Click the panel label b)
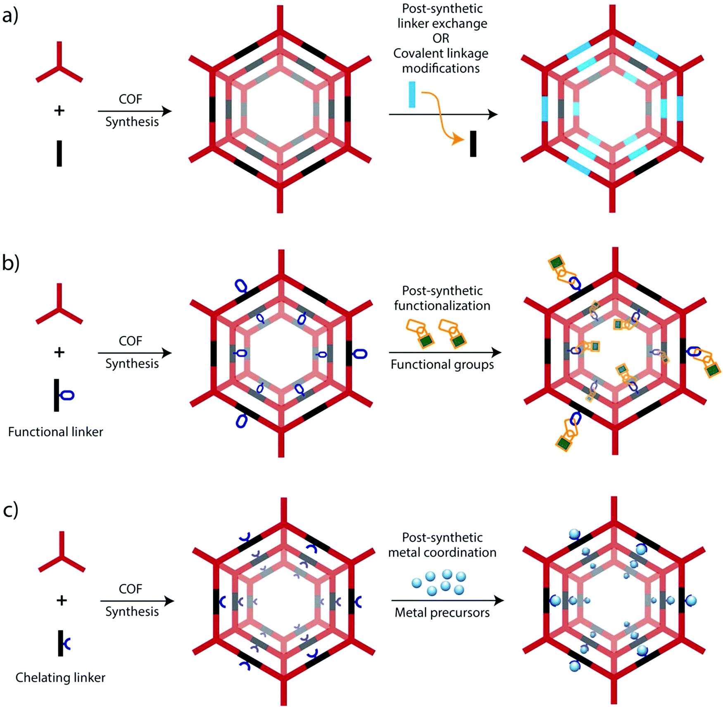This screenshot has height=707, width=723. pos(11,263)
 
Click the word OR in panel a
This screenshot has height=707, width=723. pos(441,38)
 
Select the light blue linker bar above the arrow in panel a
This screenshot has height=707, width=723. pos(412,95)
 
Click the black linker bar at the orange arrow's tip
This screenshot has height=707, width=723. pos(473,144)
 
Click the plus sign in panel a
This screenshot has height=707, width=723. pos(59,110)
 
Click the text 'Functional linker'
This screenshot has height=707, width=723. pos(55,432)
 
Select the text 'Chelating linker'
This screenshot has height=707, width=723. pos(60,678)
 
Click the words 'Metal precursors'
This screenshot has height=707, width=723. pos(442,612)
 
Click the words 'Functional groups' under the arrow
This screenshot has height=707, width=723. pos(442,365)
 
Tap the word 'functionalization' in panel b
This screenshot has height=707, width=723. pos(442,306)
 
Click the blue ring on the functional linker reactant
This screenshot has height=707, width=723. pos(67,395)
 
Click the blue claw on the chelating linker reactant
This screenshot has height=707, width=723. pos(67,643)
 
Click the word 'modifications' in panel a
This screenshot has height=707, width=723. pos(441,68)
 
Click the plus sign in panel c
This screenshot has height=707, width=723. pos(62,600)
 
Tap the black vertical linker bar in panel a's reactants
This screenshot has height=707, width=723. pos(59,153)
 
